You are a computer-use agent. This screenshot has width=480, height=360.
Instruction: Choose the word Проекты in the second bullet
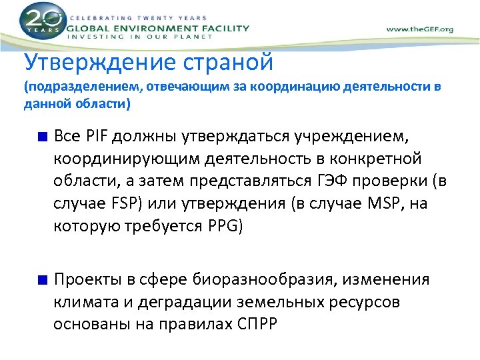pos(85,279)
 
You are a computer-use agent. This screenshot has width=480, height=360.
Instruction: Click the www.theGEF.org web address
pos(420,29)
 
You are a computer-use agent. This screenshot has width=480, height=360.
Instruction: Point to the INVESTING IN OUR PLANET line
pos(140,37)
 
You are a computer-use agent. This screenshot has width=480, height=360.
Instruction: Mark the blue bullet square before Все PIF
pos(43,137)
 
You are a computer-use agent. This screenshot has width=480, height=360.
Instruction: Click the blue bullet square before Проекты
pos(43,280)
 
